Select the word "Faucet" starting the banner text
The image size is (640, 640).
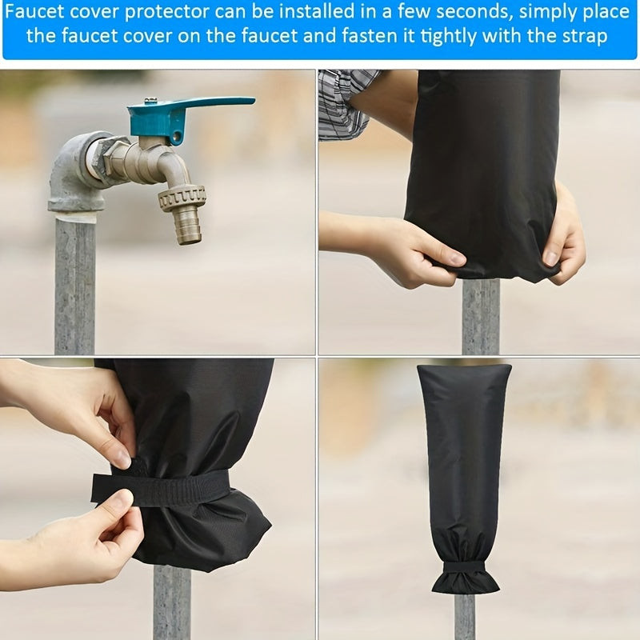34,12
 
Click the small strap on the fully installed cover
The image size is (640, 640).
465,567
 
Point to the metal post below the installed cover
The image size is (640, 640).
465,616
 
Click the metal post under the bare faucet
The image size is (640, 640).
74,286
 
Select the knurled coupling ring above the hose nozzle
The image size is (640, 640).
182,198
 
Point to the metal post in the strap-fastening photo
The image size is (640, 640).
172,602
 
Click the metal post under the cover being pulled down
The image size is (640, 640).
481,316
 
